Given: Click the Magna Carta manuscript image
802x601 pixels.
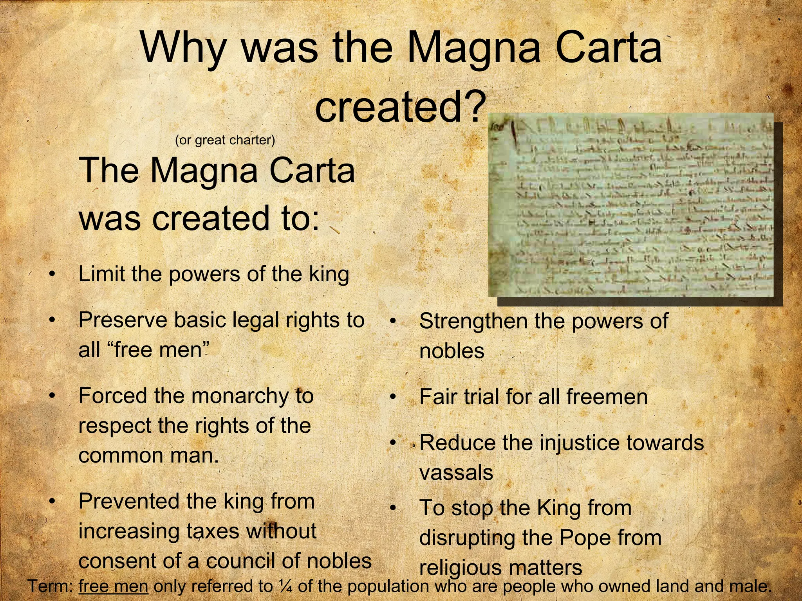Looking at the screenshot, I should pyautogui.click(x=630, y=205).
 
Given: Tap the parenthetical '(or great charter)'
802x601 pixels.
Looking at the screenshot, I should pyautogui.click(x=225, y=140).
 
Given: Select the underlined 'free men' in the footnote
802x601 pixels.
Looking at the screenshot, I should pyautogui.click(x=113, y=586).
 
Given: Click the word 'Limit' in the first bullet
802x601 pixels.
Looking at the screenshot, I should pyautogui.click(x=102, y=274).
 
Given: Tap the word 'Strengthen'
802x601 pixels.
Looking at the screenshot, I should pyautogui.click(x=473, y=322).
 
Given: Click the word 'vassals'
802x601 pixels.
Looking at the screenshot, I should pyautogui.click(x=456, y=472).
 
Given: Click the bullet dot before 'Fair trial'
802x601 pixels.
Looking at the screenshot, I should pyautogui.click(x=393, y=397).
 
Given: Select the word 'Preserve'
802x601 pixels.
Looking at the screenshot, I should pyautogui.click(x=123, y=320).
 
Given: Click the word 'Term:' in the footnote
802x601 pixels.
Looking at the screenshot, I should pyautogui.click(x=51, y=586).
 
